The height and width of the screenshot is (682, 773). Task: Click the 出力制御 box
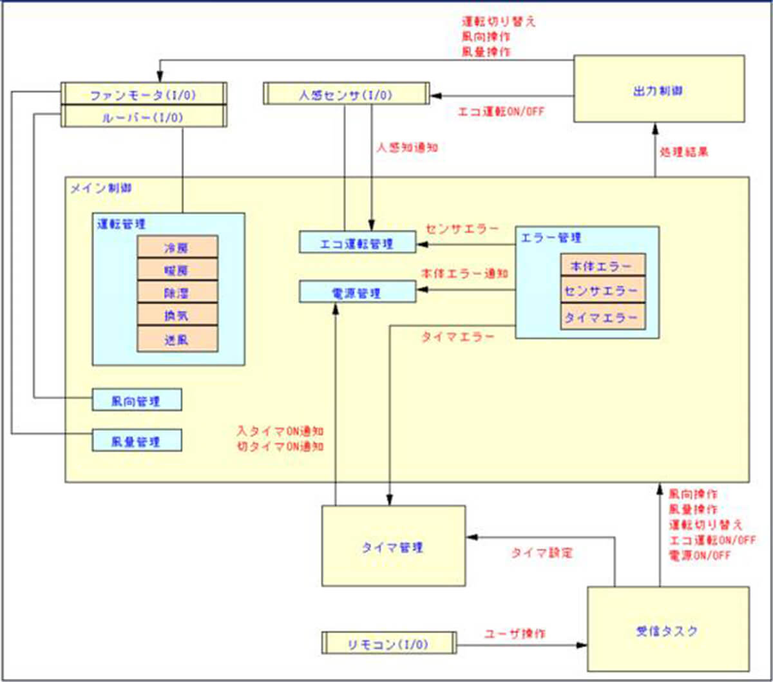(658, 89)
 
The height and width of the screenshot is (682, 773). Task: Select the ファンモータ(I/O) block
(143, 95)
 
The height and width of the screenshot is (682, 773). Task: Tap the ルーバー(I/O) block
(143, 117)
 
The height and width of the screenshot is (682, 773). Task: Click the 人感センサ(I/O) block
(346, 94)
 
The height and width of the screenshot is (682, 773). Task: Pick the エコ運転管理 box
(358, 243)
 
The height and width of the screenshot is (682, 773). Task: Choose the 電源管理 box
(358, 292)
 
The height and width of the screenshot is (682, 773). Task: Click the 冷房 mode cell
(177, 247)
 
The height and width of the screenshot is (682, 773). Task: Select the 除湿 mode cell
(177, 293)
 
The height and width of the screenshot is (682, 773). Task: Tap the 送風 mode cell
(177, 339)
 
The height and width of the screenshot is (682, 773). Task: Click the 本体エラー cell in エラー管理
(602, 265)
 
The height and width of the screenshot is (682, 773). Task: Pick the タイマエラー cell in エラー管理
(602, 317)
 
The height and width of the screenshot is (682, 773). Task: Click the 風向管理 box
(137, 400)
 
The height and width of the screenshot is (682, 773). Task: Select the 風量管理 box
(137, 440)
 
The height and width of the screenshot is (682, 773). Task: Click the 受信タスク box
(667, 629)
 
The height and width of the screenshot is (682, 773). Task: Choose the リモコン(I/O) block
(388, 643)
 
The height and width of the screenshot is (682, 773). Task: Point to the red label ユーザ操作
(515, 634)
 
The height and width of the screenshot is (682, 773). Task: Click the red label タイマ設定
(541, 553)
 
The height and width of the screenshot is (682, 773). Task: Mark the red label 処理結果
(684, 153)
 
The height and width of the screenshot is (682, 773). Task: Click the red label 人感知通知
(406, 147)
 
